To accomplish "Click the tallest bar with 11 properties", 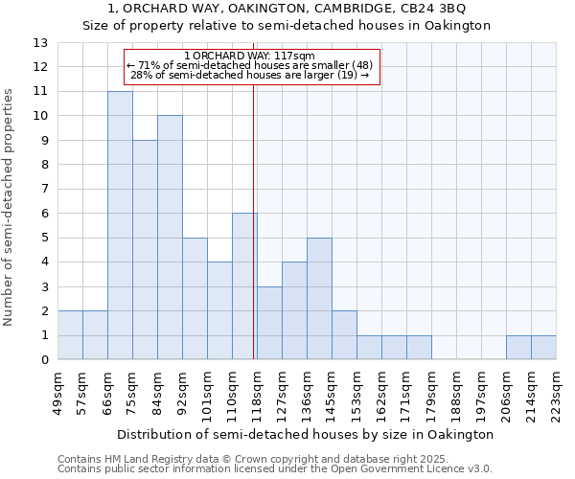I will pyautogui.click(x=120, y=225).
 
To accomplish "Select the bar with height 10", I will pyautogui.click(x=170, y=238).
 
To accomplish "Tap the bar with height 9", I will pyautogui.click(x=145, y=249).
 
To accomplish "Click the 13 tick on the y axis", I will pyautogui.click(x=40, y=43).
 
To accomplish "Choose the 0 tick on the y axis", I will pyautogui.click(x=43, y=360).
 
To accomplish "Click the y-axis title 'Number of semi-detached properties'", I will pyautogui.click(x=11, y=206).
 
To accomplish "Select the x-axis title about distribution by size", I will pyautogui.click(x=307, y=434).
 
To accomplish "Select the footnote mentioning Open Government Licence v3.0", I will pyautogui.click(x=275, y=468).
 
